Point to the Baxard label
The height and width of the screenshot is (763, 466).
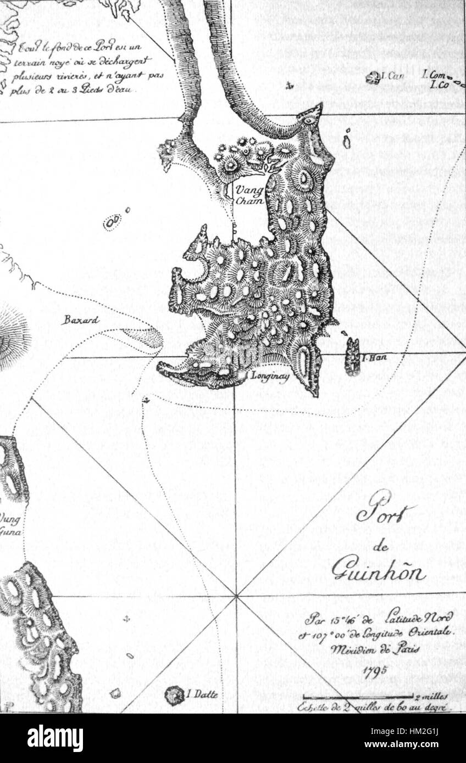point(80,319)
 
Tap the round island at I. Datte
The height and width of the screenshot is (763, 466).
point(175,695)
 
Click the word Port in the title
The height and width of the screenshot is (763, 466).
point(385,510)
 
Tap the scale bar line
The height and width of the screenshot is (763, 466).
point(357,698)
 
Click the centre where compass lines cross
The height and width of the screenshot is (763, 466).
point(236,595)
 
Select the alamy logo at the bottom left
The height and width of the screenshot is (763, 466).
point(55,739)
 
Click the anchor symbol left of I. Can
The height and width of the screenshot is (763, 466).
point(290,85)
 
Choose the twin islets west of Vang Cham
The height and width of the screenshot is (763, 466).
point(113,222)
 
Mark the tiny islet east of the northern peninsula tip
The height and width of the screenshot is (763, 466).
point(347,141)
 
